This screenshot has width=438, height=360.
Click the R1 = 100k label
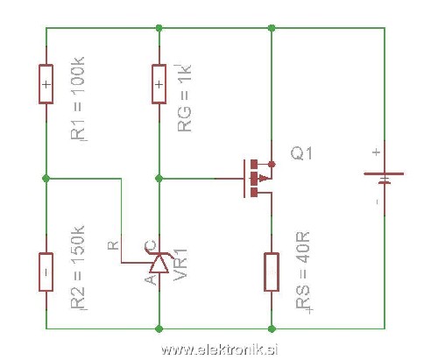(x=78, y=99)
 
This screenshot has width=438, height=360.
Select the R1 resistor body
(x=46, y=84)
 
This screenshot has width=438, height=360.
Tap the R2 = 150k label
(x=78, y=267)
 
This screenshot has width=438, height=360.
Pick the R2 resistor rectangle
(x=46, y=272)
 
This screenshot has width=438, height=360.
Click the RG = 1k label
(x=184, y=98)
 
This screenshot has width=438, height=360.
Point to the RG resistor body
(x=159, y=84)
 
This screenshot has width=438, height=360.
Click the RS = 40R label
(x=303, y=271)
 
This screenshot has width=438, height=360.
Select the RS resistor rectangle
(x=272, y=272)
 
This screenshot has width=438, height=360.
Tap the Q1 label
(x=301, y=153)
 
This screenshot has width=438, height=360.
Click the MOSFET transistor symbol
(x=257, y=178)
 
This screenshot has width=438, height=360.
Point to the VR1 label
(x=180, y=265)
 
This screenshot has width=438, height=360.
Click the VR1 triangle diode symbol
(x=159, y=264)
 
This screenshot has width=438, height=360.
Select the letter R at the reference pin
(x=113, y=245)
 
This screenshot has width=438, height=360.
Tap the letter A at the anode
(x=151, y=279)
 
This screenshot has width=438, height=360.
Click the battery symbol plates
(x=384, y=178)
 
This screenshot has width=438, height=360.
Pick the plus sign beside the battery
(x=377, y=152)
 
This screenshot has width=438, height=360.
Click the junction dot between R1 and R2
(x=46, y=179)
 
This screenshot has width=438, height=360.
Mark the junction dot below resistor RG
(x=159, y=179)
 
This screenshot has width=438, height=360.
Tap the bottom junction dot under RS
(x=272, y=329)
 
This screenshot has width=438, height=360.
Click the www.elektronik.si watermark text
(x=219, y=349)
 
